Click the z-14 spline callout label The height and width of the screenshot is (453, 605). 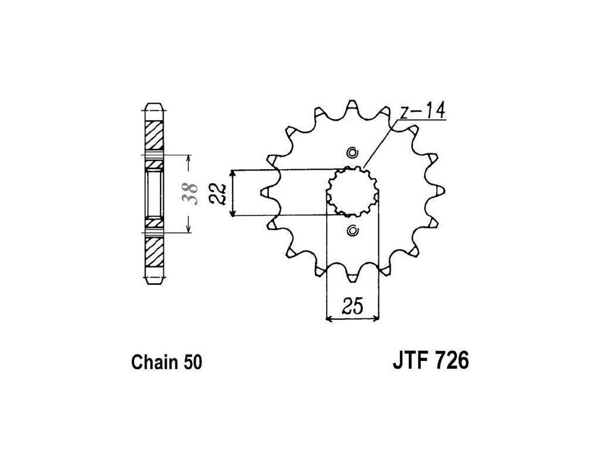pos(422,111)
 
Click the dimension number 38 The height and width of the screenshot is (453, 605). pos(190,194)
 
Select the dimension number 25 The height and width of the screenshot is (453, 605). pos(353,307)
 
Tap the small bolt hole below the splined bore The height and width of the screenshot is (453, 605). pos(353,230)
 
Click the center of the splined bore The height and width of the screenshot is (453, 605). pos(353,192)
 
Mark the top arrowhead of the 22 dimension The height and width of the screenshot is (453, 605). pos(235,172)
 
